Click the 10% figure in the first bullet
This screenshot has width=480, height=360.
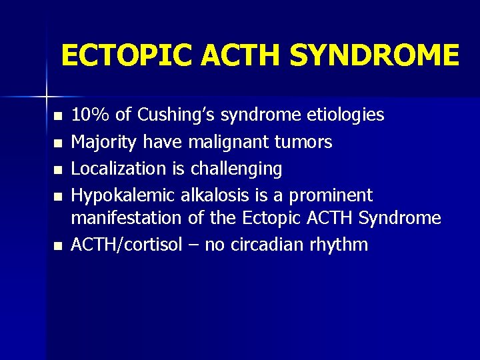coord(91,115)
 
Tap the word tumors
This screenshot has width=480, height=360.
coord(305,142)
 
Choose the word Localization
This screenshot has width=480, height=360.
coord(117,169)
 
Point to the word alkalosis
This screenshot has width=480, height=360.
coord(213,195)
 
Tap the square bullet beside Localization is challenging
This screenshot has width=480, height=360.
coord(58,170)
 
